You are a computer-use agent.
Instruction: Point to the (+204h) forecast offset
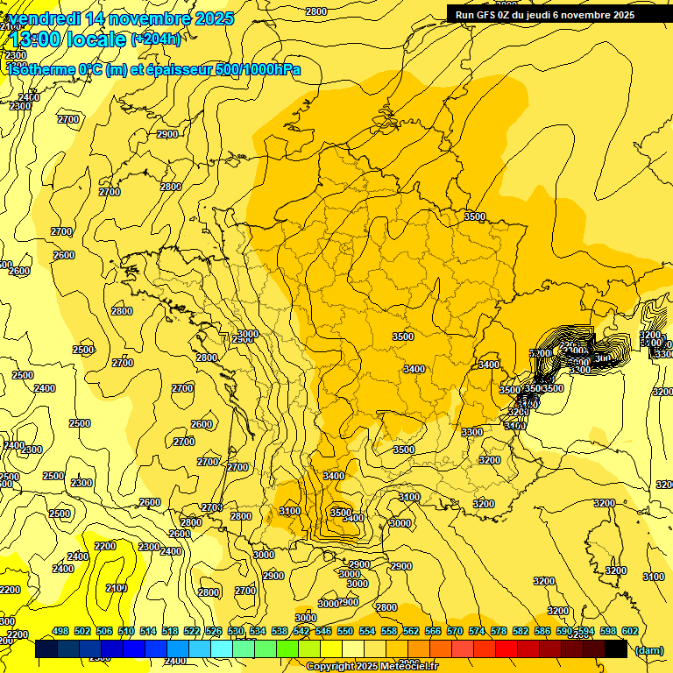pos(155,39)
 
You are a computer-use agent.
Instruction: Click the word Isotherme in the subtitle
pos(41,70)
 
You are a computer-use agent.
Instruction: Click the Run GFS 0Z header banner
pos(544,14)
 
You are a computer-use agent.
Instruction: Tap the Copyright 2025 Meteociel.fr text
pos(372,667)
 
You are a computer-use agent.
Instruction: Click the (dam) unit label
pos(648,650)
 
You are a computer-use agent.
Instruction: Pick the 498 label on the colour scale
pos(60,631)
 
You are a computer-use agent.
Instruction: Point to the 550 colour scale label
pos(345,631)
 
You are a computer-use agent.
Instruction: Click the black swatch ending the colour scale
pos(616,649)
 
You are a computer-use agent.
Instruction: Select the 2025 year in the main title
pos(214,18)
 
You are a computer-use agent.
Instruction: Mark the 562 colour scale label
pos(411,631)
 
